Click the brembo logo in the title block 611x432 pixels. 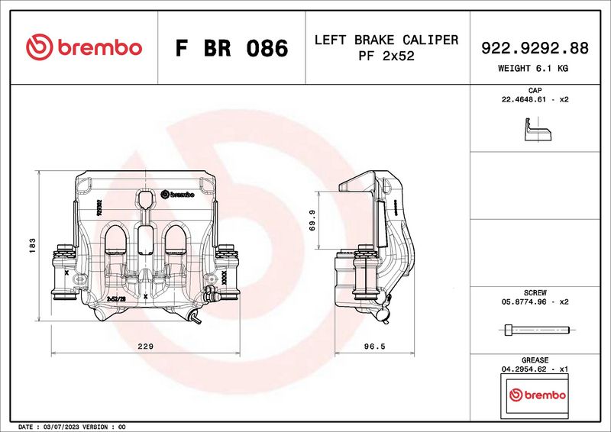pos(84,47)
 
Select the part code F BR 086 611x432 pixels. pos(231,48)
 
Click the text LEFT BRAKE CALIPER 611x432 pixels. pos(386,40)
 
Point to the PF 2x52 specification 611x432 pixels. pos(386,56)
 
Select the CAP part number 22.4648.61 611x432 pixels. pos(523,100)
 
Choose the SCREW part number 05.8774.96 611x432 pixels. pos(523,301)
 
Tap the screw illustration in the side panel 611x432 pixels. pos(537,330)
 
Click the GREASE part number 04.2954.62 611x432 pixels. pos(523,369)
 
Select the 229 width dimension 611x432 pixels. pos(144,347)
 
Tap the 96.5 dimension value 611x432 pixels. pos(373,347)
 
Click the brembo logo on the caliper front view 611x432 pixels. pos(178,194)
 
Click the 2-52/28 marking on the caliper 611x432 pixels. pos(116,298)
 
